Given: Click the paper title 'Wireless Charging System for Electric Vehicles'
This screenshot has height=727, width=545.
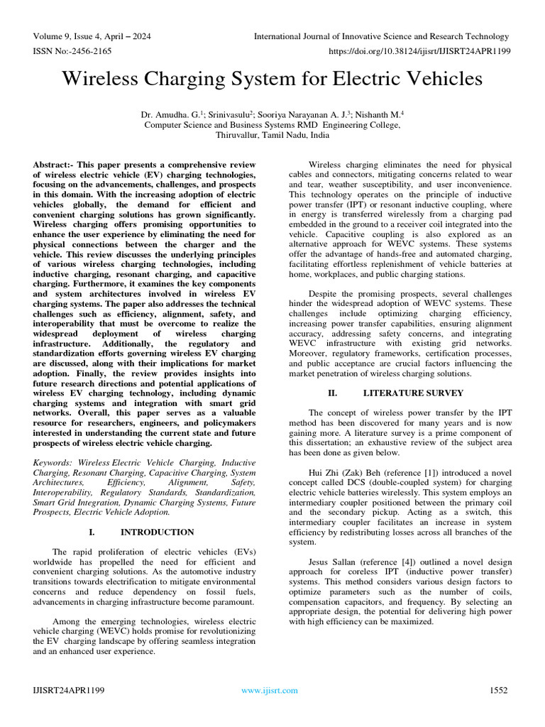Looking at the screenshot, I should tap(272, 78).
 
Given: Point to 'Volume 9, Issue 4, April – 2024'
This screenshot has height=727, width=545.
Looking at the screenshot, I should tap(92, 37).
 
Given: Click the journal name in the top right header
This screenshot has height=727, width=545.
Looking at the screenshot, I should tap(382, 37).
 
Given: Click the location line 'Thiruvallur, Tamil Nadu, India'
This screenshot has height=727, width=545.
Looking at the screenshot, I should tap(272, 134).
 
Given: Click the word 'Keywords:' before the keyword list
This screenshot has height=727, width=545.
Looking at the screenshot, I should tap(55, 463).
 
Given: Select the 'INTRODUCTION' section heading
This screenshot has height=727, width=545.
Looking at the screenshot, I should tap(157, 532).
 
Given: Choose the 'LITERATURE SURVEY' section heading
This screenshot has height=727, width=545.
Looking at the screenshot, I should tap(413, 393).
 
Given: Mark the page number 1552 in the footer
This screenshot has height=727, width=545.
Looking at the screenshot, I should tap(500, 690).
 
